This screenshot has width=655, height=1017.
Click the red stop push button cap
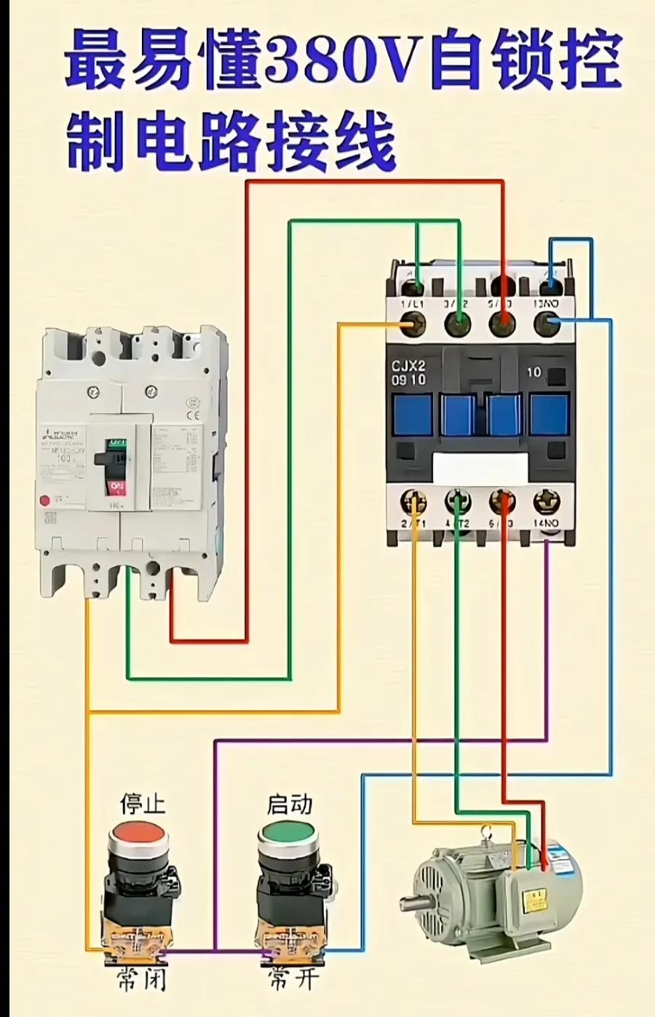tap(138, 832)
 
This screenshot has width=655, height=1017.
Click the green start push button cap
tap(287, 832)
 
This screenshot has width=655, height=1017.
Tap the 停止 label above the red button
tap(142, 803)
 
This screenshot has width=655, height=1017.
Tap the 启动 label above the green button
tap(290, 803)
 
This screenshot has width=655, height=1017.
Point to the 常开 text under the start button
tap(293, 978)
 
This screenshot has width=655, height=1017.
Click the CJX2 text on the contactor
tap(408, 366)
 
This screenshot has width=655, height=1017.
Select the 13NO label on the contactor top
tap(547, 303)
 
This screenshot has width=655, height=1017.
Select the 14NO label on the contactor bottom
tap(546, 524)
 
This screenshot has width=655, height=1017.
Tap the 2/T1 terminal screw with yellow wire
tap(413, 501)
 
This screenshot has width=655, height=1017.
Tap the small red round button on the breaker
tap(45, 500)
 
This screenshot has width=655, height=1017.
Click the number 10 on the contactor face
tap(533, 372)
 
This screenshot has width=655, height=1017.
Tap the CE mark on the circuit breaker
tap(194, 416)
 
